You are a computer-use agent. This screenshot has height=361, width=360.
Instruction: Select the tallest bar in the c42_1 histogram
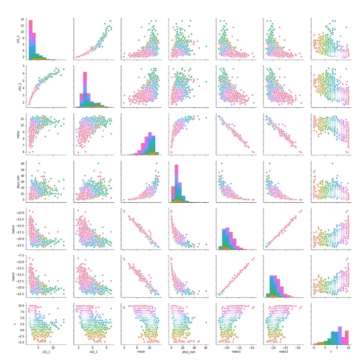coord(84,89)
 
